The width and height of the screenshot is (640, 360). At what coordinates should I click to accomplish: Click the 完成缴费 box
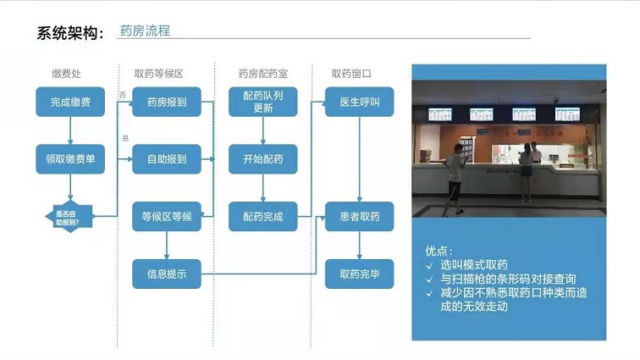(x=70, y=102)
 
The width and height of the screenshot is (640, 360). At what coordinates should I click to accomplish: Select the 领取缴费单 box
(x=70, y=158)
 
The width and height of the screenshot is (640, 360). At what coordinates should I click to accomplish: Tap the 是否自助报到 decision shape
(x=67, y=216)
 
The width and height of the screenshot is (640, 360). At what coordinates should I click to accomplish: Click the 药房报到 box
(x=167, y=102)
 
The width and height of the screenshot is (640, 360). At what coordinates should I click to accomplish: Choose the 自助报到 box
(x=167, y=158)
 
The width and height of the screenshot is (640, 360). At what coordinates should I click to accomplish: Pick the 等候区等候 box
(x=167, y=216)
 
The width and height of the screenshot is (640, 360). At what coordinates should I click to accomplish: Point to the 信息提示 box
(x=167, y=274)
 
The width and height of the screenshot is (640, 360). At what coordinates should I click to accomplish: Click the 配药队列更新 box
(x=263, y=102)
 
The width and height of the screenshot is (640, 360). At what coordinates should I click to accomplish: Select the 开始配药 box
(x=263, y=158)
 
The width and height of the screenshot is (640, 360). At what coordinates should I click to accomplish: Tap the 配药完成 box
(x=263, y=216)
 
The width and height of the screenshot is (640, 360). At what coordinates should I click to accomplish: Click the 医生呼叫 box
(x=360, y=102)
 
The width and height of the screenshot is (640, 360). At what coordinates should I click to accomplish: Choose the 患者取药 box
(x=360, y=216)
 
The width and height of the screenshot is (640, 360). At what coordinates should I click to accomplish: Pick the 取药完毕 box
(x=360, y=274)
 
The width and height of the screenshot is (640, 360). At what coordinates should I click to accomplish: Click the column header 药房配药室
(x=262, y=73)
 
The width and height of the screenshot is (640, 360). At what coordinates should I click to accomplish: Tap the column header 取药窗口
(x=351, y=73)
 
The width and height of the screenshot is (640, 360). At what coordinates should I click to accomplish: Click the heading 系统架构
(x=69, y=33)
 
